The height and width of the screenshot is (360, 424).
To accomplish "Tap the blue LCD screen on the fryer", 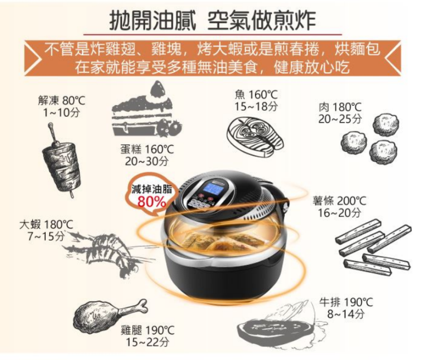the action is [x=214, y=188].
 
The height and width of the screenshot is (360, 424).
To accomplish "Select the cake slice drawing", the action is [x=146, y=110].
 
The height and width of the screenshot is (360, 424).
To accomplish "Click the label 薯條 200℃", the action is [x=339, y=201].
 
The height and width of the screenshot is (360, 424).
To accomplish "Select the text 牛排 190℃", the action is [x=346, y=302].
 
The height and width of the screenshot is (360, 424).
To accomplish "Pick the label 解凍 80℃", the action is [x=62, y=101].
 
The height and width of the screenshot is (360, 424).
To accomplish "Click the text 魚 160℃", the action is [x=256, y=94].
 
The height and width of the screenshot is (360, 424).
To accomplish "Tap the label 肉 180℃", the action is [x=340, y=107].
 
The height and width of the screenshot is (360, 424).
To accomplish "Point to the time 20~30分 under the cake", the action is [x=146, y=162].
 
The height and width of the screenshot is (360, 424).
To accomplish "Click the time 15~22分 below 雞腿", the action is [x=148, y=342].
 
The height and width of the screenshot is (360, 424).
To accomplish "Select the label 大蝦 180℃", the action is [x=46, y=224].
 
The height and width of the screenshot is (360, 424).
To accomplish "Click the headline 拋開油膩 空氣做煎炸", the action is [x=212, y=20].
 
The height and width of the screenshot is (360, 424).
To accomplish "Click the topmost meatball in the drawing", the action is [x=386, y=124].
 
